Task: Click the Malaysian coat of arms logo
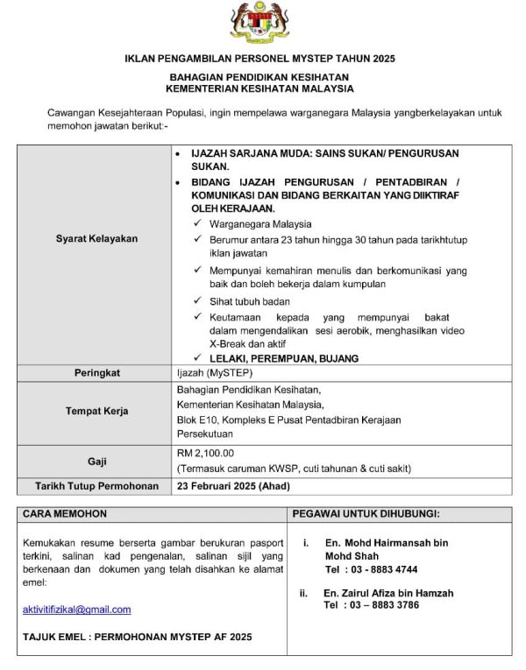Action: tap(261, 25)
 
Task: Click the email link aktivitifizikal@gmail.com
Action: tap(76, 610)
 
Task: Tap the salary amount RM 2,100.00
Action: tap(206, 453)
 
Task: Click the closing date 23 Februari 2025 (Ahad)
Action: tap(233, 485)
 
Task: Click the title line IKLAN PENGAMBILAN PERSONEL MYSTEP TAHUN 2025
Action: tap(260, 60)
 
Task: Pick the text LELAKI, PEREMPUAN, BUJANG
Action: tap(284, 358)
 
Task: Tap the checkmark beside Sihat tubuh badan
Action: tap(196, 300)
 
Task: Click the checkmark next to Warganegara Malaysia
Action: tap(196, 223)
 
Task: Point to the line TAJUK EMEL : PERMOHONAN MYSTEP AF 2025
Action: tap(137, 637)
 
